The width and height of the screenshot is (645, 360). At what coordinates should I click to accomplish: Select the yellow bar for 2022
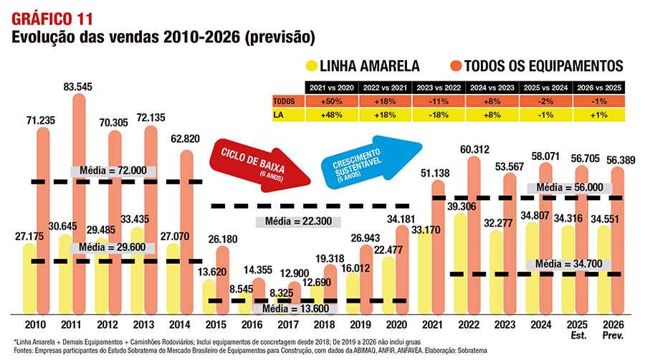pyautogui.click(x=459, y=265)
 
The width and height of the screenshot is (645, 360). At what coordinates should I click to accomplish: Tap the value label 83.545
pyautogui.click(x=80, y=87)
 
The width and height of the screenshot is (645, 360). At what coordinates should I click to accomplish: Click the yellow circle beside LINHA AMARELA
pyautogui.click(x=311, y=66)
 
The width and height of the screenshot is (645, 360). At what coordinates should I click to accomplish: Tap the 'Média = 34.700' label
pyautogui.click(x=568, y=265)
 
